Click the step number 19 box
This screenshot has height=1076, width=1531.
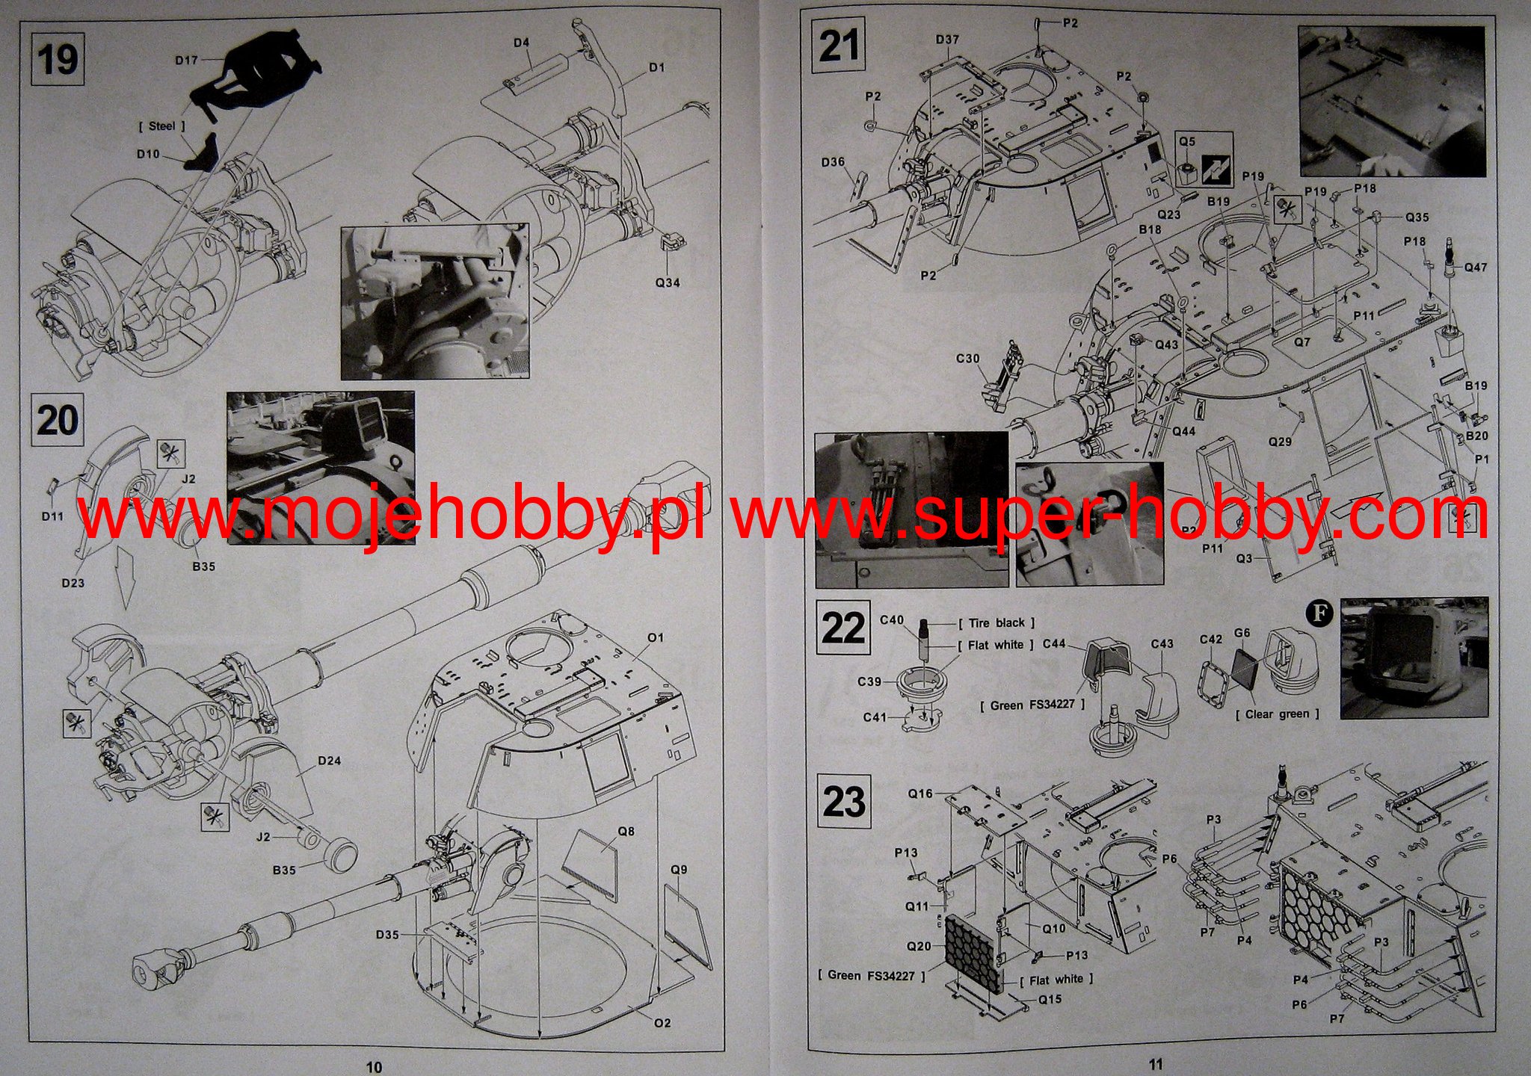(58, 59)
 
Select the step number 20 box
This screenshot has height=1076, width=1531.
(58, 421)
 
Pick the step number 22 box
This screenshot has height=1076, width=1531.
(842, 628)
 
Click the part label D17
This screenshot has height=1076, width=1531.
(187, 61)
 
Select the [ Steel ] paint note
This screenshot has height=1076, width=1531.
(161, 126)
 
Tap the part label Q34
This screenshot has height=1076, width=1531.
(668, 282)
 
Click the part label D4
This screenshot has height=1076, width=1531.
(521, 43)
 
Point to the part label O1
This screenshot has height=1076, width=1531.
(656, 637)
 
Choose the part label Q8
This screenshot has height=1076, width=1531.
(626, 831)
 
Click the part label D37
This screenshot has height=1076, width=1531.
(947, 39)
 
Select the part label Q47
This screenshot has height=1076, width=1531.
(1476, 268)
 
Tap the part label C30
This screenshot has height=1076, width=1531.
(968, 359)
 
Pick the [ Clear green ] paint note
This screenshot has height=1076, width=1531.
(1277, 714)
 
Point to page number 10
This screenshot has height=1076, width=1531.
(375, 1067)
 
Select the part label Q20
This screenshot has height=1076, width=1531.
(919, 946)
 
